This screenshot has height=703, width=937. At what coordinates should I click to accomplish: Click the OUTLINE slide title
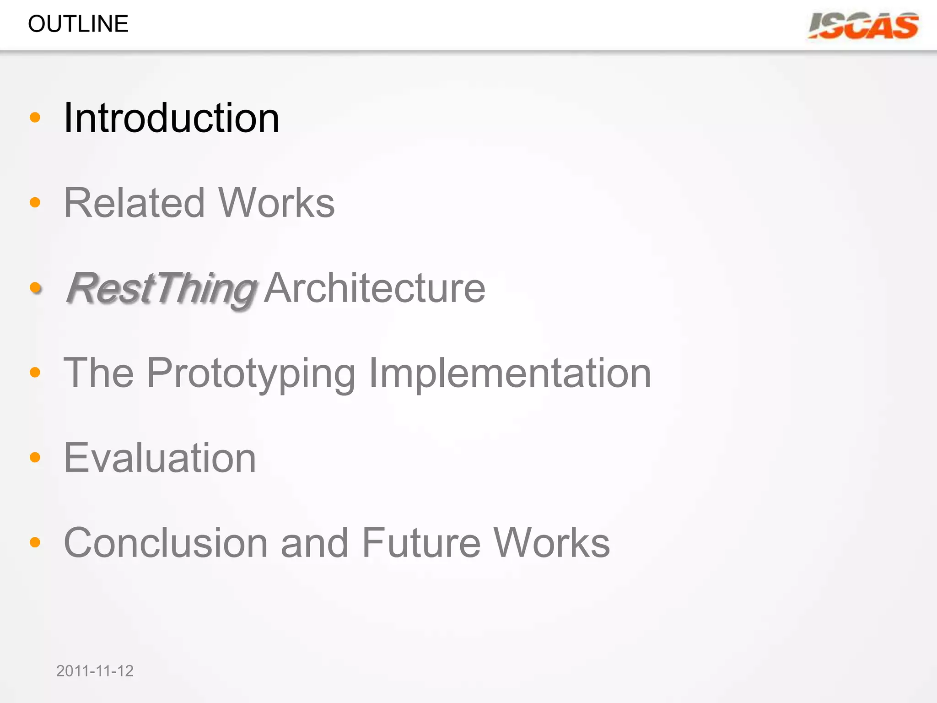[78, 24]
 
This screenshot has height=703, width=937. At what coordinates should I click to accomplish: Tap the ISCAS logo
[863, 26]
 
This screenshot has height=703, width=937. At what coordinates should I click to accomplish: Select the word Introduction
[172, 118]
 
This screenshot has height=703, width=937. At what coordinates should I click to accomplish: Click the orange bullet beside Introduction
[35, 118]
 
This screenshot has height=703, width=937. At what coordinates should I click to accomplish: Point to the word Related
[134, 203]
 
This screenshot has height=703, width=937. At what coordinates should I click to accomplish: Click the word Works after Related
[276, 203]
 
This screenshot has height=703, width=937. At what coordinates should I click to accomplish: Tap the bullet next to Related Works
[35, 202]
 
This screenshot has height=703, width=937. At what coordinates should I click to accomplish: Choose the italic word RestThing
[161, 288]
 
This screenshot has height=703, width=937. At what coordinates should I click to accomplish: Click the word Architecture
[374, 288]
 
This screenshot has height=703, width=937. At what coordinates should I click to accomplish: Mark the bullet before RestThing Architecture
[35, 287]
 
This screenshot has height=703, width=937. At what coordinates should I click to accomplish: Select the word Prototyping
[251, 373]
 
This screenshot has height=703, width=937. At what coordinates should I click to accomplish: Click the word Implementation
[510, 373]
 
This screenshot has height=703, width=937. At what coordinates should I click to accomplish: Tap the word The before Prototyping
[98, 373]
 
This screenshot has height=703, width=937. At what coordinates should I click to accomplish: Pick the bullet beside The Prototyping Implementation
[35, 373]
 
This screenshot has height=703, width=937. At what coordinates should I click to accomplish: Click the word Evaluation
[160, 458]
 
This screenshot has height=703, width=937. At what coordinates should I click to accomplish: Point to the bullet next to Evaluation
[35, 457]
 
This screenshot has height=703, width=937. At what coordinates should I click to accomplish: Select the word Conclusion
[166, 543]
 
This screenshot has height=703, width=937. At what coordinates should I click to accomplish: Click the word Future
[421, 543]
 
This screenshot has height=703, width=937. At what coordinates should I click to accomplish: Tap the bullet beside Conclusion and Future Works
[35, 542]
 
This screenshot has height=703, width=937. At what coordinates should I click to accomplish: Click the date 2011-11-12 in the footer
[95, 671]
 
